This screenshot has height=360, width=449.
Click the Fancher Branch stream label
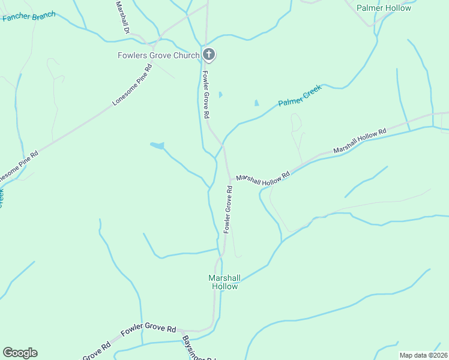[x=29, y=16]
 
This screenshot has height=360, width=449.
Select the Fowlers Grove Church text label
[x=158, y=56]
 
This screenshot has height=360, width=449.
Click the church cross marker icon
[x=209, y=55]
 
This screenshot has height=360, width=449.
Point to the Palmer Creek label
[x=300, y=95]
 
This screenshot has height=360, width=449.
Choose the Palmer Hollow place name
[x=384, y=8]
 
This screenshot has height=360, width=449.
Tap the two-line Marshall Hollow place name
[x=224, y=282]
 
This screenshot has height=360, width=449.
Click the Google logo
[x=20, y=353]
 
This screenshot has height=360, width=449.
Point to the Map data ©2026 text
[x=423, y=355]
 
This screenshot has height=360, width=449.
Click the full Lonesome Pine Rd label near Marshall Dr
[x=132, y=85]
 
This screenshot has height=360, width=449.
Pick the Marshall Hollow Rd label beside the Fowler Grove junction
[x=263, y=176]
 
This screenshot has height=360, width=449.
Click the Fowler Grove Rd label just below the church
[x=205, y=94]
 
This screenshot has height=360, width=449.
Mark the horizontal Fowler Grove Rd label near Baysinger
[x=148, y=329]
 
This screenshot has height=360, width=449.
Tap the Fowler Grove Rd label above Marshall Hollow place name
[x=228, y=209]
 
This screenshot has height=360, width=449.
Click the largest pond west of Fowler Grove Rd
[x=157, y=145]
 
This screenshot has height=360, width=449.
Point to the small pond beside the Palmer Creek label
[x=257, y=103]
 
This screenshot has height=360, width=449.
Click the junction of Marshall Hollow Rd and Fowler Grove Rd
[x=229, y=179]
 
